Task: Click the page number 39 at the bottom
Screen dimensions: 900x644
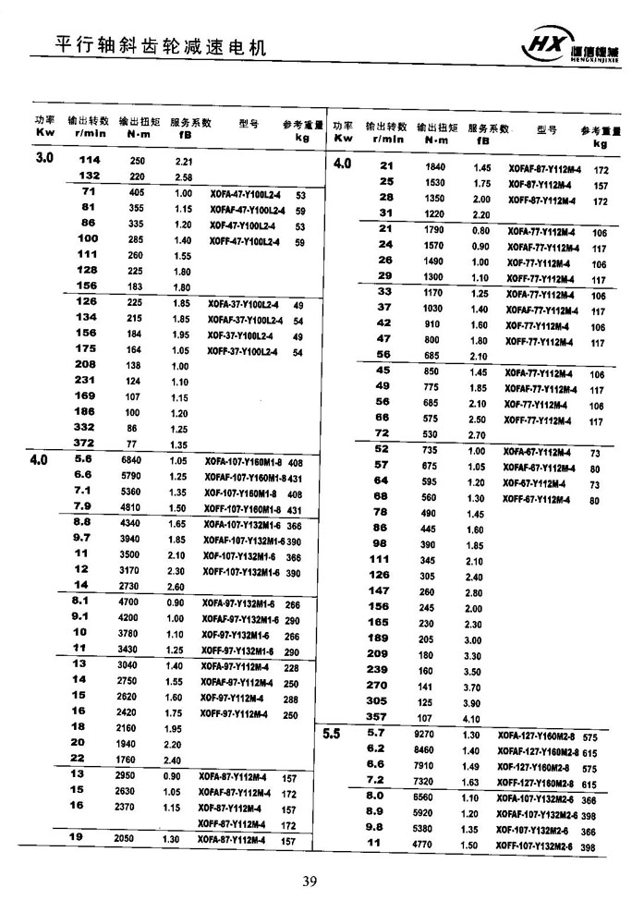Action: pyautogui.click(x=310, y=880)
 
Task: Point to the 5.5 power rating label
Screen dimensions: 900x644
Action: pyautogui.click(x=332, y=735)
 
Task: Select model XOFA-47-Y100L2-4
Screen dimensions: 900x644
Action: pyautogui.click(x=245, y=196)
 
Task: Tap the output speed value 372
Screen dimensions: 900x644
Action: pyautogui.click(x=88, y=444)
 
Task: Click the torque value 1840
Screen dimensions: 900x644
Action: pyautogui.click(x=434, y=166)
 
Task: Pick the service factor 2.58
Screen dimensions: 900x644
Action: pyautogui.click(x=183, y=176)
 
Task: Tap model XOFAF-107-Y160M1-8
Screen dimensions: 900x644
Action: pyautogui.click(x=244, y=477)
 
